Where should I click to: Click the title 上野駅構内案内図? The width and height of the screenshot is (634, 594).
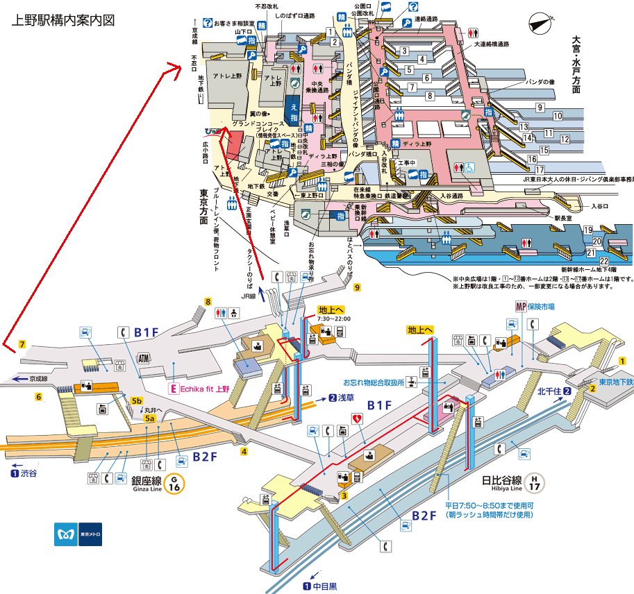tap(63, 20)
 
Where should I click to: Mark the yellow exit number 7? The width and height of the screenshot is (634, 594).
tap(22, 344)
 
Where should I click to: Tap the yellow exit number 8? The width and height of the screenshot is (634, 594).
tap(207, 301)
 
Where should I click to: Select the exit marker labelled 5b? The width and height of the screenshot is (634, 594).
tap(137, 400)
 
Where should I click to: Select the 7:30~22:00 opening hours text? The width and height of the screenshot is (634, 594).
tap(334, 319)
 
